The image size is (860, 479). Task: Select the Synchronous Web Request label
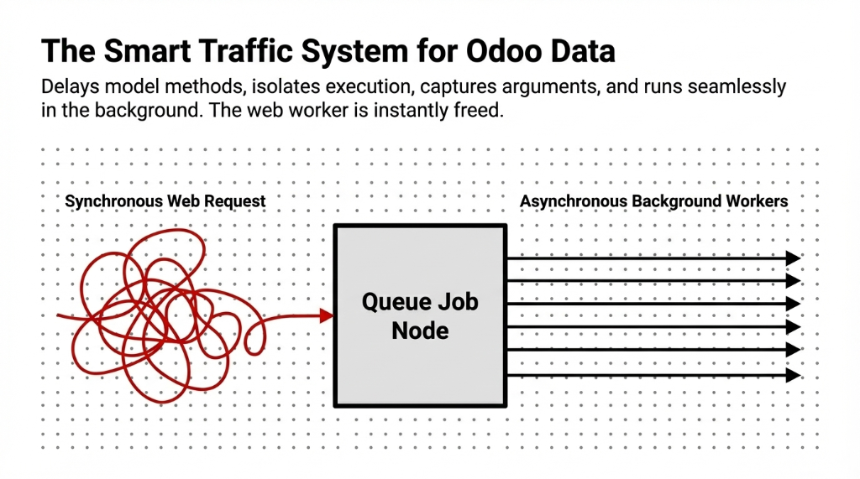(165, 201)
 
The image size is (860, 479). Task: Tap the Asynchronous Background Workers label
(654, 201)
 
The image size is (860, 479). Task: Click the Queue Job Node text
(420, 315)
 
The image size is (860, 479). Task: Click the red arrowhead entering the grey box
(327, 315)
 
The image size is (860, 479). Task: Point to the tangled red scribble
(155, 315)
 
